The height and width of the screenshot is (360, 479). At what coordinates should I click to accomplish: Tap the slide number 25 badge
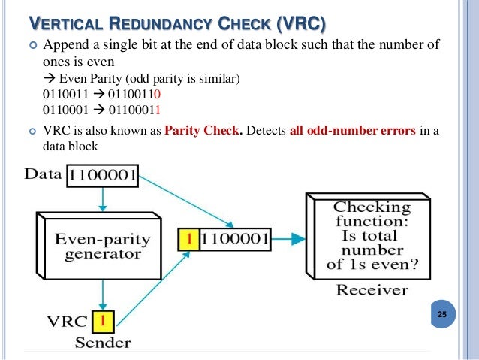click(441, 314)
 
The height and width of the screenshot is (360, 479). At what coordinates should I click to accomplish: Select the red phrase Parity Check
click(203, 132)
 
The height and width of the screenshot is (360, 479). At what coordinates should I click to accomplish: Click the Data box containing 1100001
click(102, 177)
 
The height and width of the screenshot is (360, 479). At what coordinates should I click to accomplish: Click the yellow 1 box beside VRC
click(103, 322)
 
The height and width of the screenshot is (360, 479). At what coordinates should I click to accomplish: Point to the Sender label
click(102, 343)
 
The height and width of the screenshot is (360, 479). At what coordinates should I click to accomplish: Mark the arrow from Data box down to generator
click(103, 199)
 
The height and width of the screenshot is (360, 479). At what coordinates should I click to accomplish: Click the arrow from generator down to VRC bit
click(103, 293)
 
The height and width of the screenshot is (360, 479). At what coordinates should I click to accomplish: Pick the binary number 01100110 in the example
click(136, 95)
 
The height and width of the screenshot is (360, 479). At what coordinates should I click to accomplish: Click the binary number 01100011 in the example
click(136, 109)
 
